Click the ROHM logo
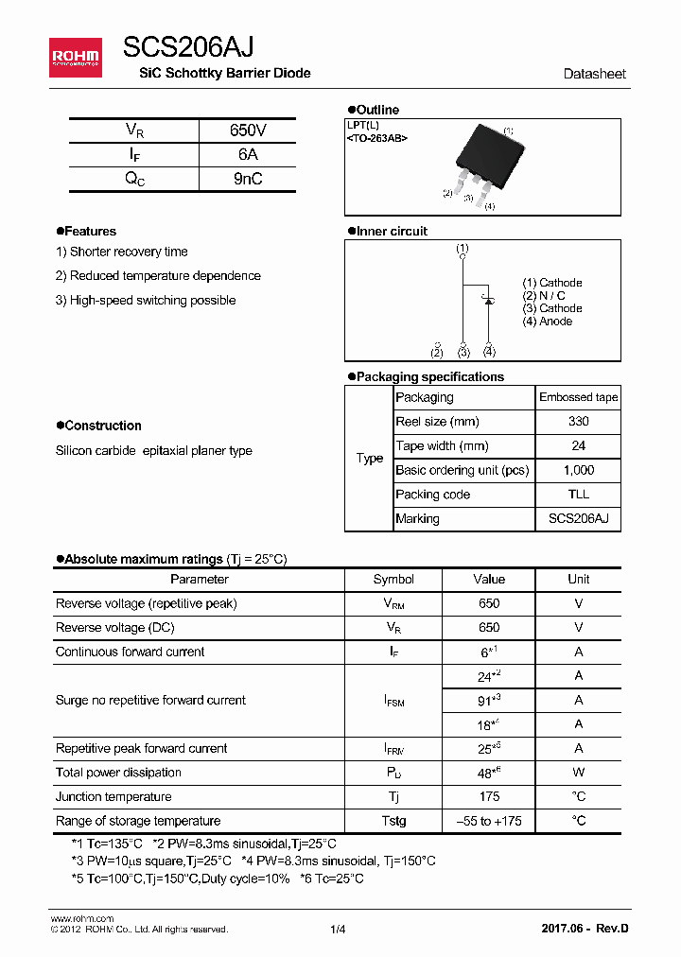[x=75, y=58]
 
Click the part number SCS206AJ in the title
[x=187, y=48]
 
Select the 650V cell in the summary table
[x=248, y=130]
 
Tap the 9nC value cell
[x=248, y=179]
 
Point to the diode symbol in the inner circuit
[x=489, y=300]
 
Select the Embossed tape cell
[x=578, y=397]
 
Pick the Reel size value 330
[x=578, y=422]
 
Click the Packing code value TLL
[x=578, y=495]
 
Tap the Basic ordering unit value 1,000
[x=578, y=470]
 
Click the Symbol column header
[x=393, y=579]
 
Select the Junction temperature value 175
[x=489, y=796]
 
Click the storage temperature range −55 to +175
[x=489, y=821]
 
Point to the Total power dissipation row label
[x=118, y=773]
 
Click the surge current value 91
[x=487, y=701]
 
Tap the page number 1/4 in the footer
[x=339, y=929]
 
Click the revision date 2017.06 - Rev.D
[x=585, y=929]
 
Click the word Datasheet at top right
[x=594, y=74]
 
